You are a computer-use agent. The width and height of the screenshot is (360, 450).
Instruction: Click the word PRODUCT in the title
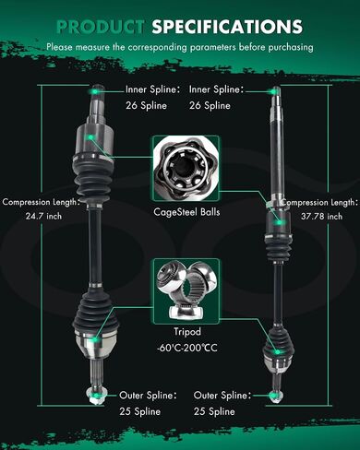[x=101, y=27]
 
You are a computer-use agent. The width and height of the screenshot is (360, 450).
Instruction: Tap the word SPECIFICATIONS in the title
[x=227, y=27]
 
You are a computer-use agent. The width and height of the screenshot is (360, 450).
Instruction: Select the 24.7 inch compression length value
[x=43, y=216]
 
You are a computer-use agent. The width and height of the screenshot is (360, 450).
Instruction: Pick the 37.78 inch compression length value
[x=321, y=217]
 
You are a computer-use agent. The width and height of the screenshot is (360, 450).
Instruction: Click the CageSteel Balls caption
[x=186, y=212]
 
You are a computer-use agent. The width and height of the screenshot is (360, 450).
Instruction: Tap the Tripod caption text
[x=187, y=332]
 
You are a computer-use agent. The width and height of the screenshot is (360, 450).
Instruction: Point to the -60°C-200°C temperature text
[x=187, y=348]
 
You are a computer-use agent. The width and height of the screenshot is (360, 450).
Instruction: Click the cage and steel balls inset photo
[x=186, y=169]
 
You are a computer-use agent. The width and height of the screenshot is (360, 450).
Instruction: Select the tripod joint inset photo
[x=186, y=290]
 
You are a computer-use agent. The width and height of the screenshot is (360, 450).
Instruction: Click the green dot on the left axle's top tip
[x=95, y=91]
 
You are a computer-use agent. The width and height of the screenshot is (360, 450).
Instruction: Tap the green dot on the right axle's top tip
[x=273, y=91]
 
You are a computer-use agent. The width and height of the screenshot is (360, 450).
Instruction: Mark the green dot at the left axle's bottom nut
[x=96, y=395]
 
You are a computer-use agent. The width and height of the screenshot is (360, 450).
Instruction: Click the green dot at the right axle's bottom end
[x=272, y=395]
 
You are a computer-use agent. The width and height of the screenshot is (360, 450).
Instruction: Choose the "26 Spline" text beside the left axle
[x=146, y=106]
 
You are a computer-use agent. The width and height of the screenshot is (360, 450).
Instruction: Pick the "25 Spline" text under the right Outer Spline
[x=214, y=411]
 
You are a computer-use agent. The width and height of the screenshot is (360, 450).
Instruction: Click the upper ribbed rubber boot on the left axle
[x=92, y=177]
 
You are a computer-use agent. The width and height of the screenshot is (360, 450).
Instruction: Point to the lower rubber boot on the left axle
[x=95, y=310]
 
